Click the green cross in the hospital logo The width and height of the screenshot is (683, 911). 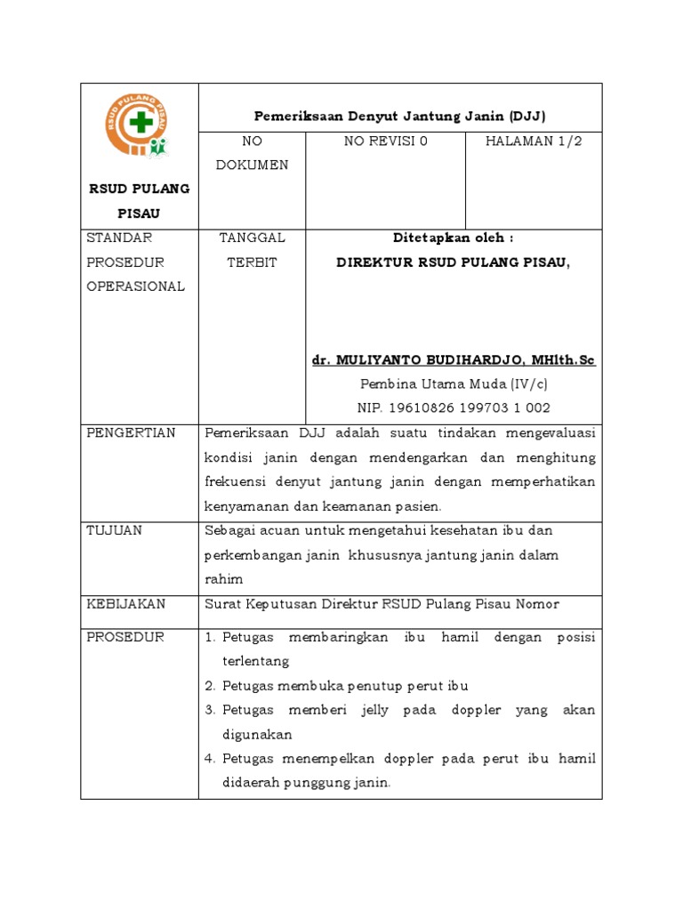(139, 123)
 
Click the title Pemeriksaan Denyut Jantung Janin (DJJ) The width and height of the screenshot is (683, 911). (400, 117)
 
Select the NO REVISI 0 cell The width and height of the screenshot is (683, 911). (385, 141)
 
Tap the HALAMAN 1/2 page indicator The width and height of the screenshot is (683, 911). (534, 141)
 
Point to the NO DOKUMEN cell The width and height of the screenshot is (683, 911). (252, 153)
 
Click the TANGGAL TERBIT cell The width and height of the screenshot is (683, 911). (252, 250)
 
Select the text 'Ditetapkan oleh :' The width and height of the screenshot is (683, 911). (454, 238)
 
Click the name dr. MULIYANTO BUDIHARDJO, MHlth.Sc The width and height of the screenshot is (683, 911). (454, 359)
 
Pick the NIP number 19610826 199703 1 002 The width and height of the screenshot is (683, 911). (454, 408)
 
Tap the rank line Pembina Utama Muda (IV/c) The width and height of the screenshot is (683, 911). (454, 384)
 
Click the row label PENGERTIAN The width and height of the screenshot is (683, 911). (131, 433)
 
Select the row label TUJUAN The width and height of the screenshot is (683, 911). (113, 530)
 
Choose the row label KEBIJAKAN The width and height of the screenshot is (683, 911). (125, 604)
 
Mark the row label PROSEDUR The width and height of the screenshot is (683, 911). (125, 638)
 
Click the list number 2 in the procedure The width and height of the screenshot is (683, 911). (210, 686)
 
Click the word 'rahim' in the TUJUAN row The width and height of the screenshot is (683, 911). (223, 579)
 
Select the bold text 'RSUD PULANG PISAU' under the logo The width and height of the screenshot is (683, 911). (138, 201)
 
